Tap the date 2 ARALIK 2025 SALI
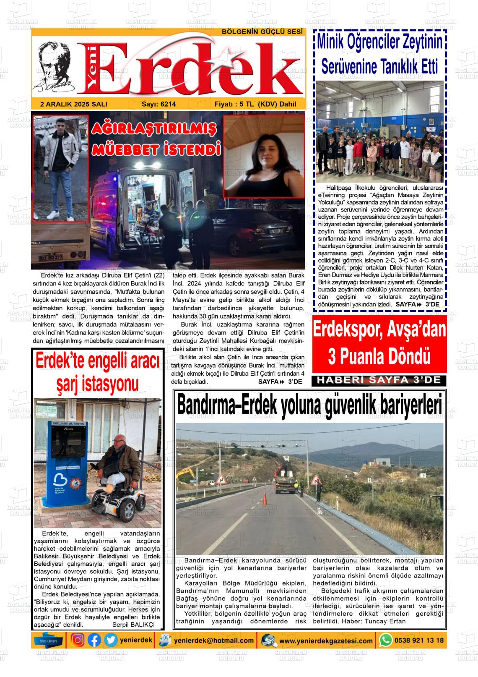coord(74,105)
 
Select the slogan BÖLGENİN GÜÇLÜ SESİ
coord(262,32)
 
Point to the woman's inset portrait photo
coord(264,157)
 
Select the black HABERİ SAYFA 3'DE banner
coord(379,380)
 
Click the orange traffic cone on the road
coord(265,499)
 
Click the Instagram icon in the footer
coord(78,640)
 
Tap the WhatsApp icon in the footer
coord(385,640)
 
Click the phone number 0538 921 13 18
coord(418,640)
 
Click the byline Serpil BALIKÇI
coord(134,625)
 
